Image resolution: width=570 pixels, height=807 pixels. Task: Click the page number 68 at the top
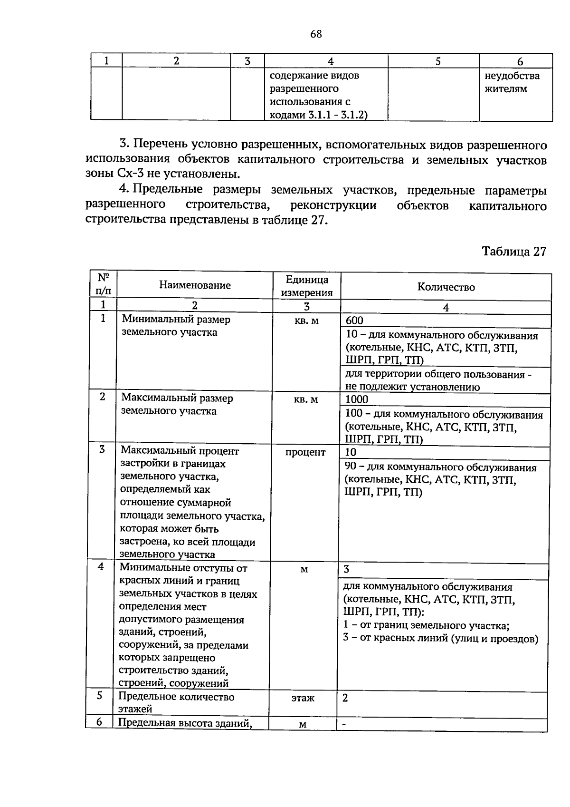coord(316,34)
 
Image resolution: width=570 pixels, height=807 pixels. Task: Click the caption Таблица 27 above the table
coord(514,252)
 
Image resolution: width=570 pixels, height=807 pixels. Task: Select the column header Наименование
coord(195,285)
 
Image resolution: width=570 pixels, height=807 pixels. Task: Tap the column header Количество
coord(446,287)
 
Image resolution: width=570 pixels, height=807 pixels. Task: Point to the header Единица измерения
coord(307,286)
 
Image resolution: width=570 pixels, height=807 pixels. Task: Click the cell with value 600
coord(354,321)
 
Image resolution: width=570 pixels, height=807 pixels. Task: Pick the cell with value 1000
coord(357,400)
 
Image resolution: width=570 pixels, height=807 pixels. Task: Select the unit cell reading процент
coord(305,452)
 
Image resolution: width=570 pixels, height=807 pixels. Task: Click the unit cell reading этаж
coord(303,698)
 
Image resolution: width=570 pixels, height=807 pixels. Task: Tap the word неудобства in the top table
coord(512,76)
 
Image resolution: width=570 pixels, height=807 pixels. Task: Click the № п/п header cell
coord(104,284)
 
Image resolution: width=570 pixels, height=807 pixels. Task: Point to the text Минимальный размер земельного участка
coord(176,326)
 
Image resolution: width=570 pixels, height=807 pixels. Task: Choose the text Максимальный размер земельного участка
coord(177,405)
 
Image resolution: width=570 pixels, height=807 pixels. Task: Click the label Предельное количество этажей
coord(176,703)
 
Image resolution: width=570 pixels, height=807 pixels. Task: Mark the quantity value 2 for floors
coord(345,698)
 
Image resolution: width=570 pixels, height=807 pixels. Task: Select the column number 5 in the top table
coord(437,61)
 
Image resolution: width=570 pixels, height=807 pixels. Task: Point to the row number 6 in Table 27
coord(99,722)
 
